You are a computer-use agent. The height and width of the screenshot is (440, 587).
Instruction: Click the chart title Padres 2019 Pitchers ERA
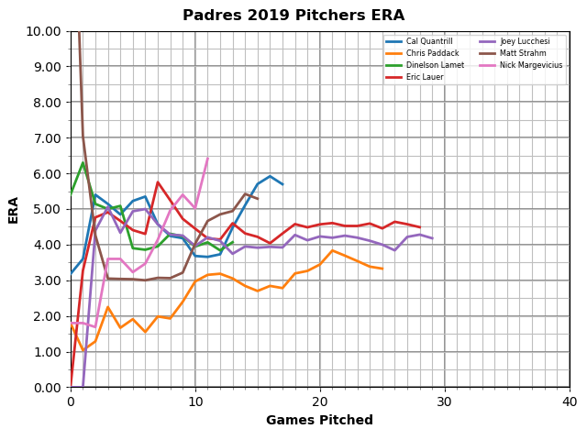(293, 16)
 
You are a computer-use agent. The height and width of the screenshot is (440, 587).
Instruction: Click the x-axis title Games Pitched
(319, 421)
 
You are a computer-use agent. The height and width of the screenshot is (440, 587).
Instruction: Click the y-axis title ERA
(14, 209)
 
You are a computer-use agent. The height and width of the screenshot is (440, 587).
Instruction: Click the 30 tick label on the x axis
(445, 401)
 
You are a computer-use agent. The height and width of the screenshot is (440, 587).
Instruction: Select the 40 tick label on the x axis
(570, 401)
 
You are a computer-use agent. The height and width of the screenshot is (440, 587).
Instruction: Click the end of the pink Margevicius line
(207, 158)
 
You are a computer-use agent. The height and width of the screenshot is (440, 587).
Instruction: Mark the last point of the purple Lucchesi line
(432, 238)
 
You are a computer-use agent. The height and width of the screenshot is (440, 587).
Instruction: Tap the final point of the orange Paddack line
(382, 269)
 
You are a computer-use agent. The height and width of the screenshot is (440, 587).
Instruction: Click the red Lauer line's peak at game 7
(158, 181)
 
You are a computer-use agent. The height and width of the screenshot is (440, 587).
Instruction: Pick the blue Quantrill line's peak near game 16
(270, 176)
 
